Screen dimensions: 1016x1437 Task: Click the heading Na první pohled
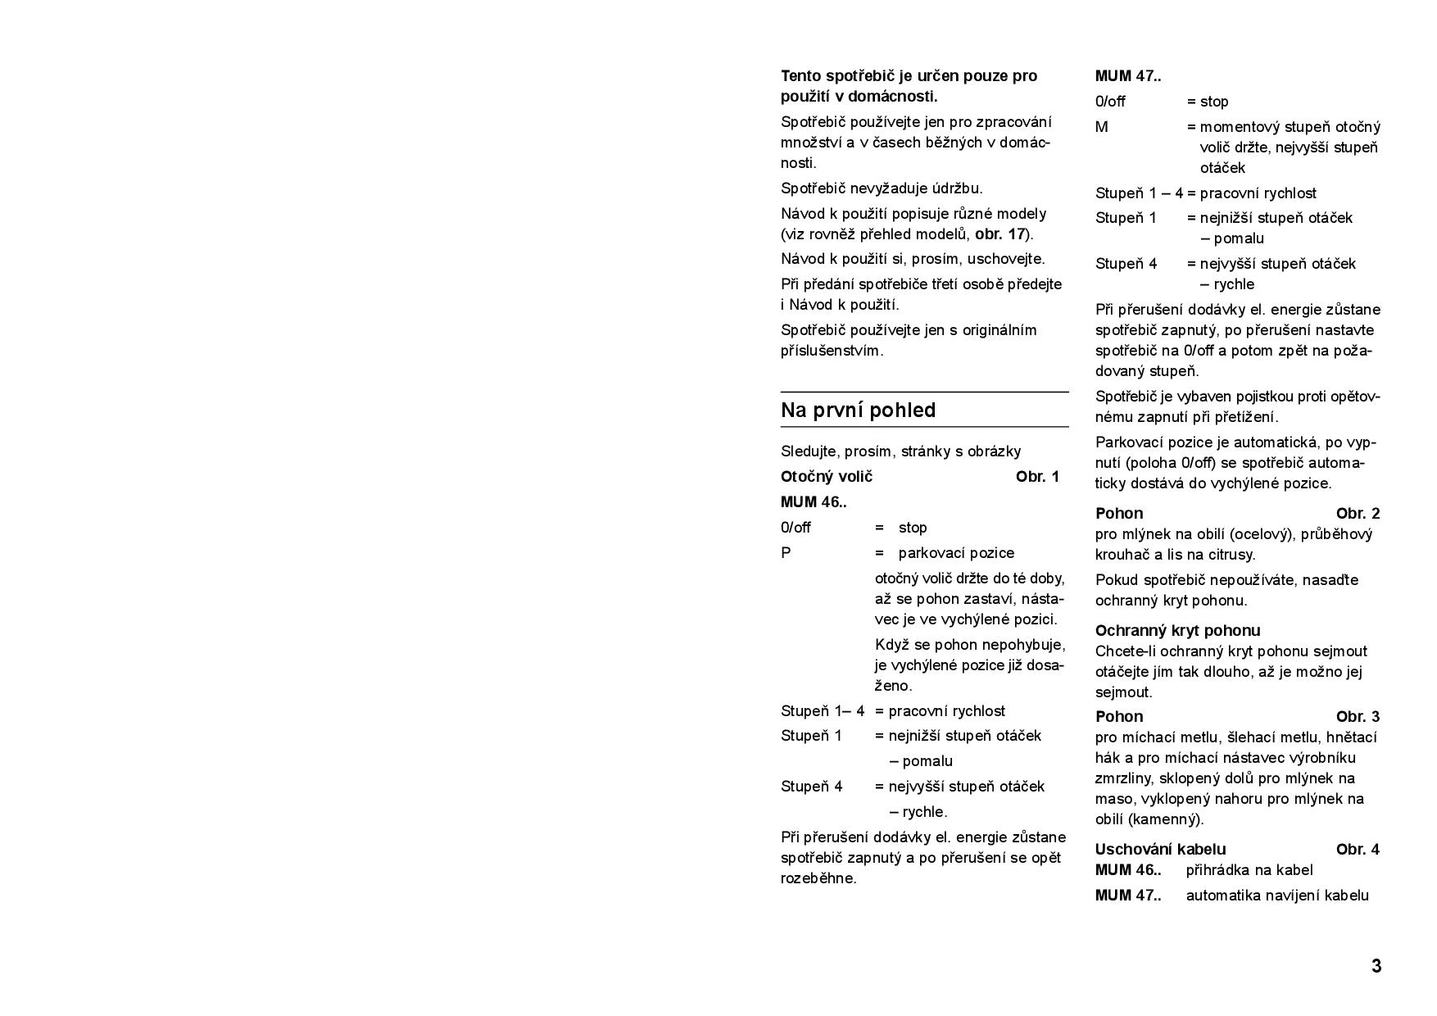(858, 410)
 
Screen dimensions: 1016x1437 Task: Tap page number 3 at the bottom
(1376, 966)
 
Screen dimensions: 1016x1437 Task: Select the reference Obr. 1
(1037, 477)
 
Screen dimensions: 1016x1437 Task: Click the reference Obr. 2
(1358, 514)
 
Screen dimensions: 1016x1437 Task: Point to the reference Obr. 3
(1358, 717)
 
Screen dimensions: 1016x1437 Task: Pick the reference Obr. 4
(1358, 850)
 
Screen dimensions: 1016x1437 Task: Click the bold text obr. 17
(1000, 234)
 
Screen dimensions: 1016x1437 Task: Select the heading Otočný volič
(827, 477)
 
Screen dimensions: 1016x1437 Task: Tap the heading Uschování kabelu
(1160, 850)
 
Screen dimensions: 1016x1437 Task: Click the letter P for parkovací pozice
(786, 553)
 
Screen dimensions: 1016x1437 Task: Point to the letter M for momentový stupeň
(1102, 127)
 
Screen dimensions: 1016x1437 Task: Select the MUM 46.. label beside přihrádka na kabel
(1128, 870)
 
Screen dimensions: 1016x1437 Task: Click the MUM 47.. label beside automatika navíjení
(1128, 896)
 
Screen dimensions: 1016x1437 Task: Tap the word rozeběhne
(818, 878)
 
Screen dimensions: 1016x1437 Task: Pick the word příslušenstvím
(832, 351)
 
